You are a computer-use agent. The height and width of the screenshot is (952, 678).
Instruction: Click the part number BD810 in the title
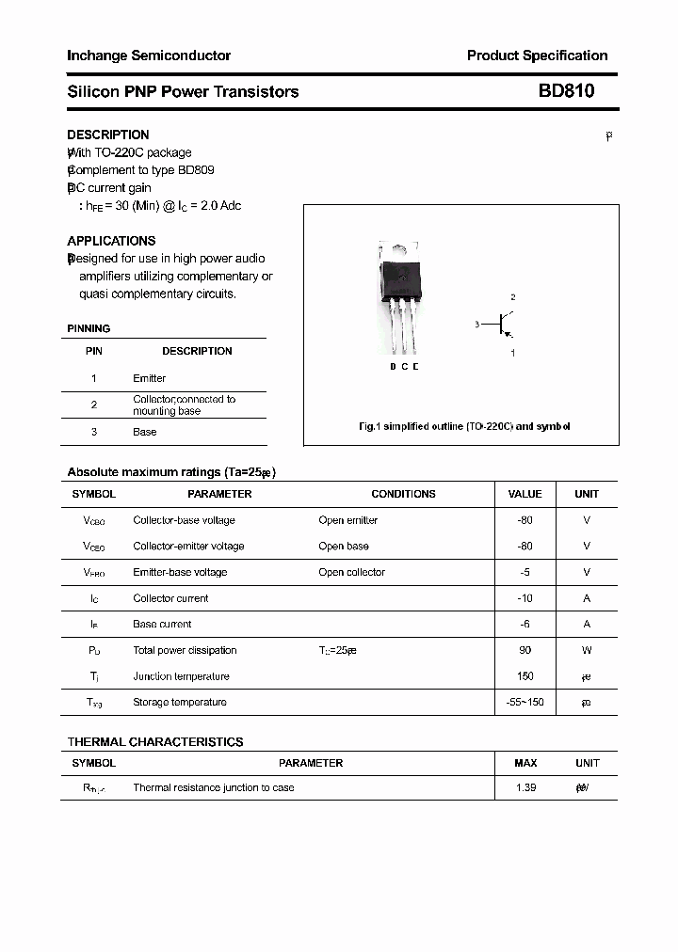566,91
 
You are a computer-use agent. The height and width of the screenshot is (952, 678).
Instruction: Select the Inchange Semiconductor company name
149,56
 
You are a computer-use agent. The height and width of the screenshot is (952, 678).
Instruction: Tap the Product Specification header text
537,56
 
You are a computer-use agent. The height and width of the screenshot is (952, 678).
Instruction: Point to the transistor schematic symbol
506,325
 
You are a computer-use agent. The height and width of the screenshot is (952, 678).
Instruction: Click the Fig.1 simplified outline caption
464,426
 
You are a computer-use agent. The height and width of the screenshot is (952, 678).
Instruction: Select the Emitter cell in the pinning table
149,378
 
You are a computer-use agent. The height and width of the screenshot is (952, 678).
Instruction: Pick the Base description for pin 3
145,432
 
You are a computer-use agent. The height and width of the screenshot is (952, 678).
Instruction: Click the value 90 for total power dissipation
525,650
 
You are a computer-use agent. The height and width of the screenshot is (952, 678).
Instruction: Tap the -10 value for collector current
525,598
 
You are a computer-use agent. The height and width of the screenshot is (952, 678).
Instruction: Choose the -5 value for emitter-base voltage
525,572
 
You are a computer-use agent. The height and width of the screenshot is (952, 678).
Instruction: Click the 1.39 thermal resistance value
525,787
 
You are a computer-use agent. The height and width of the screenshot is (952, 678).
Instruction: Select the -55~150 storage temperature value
525,702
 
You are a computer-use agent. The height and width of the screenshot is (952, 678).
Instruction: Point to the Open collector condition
351,572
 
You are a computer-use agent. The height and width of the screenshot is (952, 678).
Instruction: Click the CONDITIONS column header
403,494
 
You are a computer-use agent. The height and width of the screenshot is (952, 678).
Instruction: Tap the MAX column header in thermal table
525,763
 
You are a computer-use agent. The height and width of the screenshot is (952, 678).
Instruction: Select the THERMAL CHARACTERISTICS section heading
155,742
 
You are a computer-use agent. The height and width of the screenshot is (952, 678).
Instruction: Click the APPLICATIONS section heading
111,241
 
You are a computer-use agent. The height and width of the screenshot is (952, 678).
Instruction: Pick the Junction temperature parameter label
181,676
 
